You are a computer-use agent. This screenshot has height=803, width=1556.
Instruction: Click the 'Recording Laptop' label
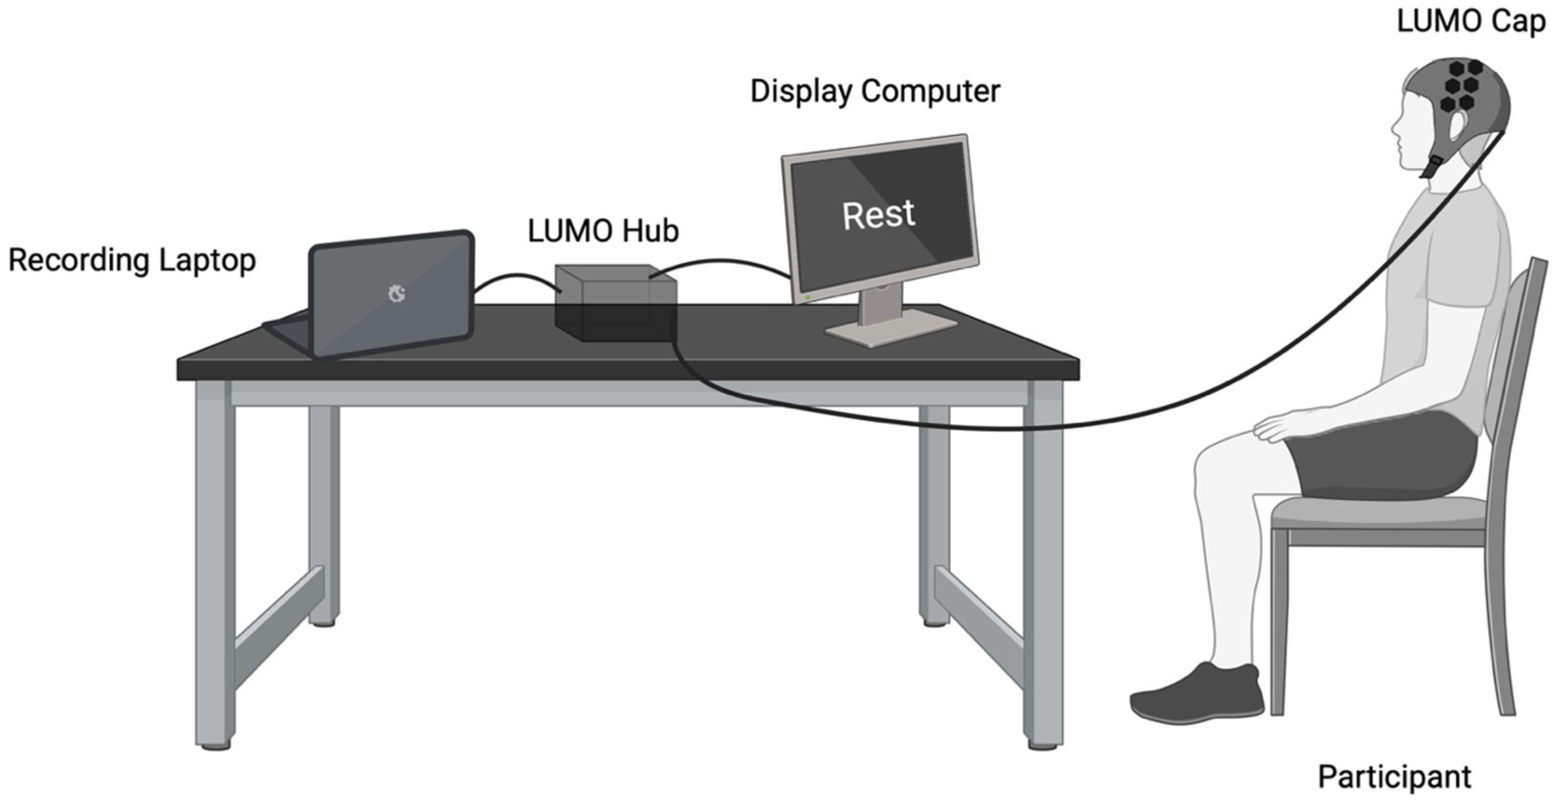coord(132,260)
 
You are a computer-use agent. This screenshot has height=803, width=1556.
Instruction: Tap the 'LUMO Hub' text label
coord(603,231)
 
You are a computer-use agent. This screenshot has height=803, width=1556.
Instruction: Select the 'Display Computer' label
coord(875,92)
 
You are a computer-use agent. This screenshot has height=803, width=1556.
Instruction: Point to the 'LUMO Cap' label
coord(1471,22)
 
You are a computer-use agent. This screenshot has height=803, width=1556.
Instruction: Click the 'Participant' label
coord(1394,777)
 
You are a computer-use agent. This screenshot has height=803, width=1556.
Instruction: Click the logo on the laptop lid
coord(396,294)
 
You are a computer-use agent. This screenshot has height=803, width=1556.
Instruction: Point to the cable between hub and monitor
coord(719,262)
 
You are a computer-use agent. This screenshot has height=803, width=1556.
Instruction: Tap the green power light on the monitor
coord(808,297)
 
